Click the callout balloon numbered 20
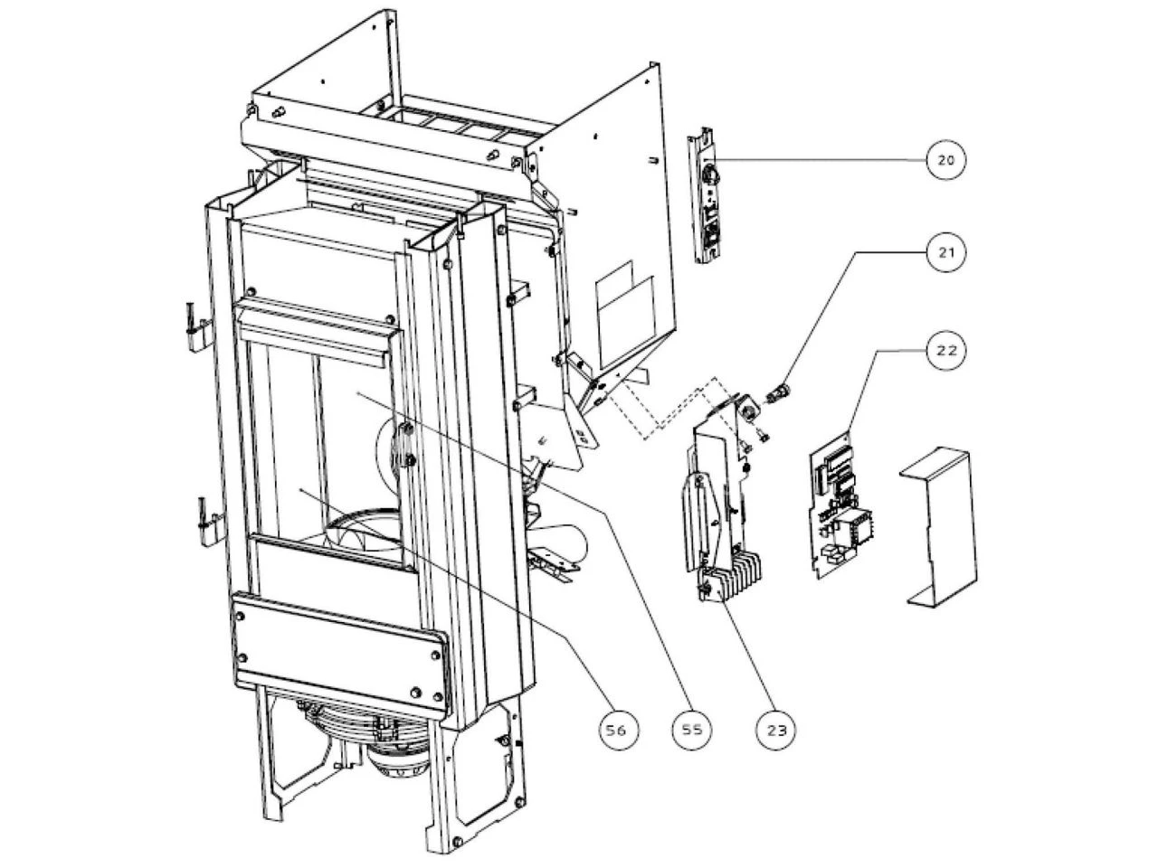[x=945, y=161]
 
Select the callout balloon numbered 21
[x=945, y=253]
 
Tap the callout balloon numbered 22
[x=945, y=351]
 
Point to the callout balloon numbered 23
[x=777, y=728]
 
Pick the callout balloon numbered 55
[x=691, y=728]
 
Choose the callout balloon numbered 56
[x=617, y=728]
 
